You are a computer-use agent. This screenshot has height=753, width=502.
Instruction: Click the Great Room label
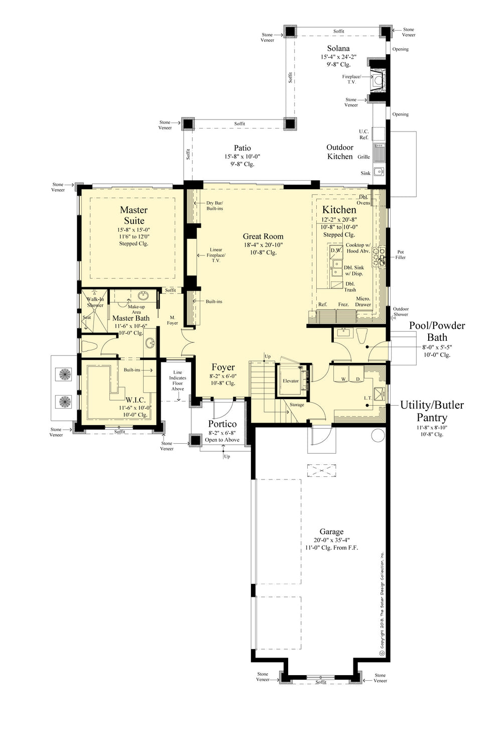point(263,236)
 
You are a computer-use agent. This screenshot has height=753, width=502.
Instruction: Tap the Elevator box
point(290,381)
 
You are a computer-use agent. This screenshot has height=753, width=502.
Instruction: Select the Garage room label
point(331,532)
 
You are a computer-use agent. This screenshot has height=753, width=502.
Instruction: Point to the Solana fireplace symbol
point(378,78)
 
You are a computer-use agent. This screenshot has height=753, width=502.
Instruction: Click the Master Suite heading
point(134,215)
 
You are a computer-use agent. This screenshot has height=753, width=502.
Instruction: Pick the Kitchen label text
point(339,210)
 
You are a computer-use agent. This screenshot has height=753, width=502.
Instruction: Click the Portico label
point(222,424)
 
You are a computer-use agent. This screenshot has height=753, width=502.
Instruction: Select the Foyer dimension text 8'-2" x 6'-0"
point(223,375)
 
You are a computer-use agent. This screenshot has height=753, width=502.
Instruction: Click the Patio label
point(242,148)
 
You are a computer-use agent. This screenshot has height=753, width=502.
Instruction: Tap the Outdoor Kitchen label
point(340,152)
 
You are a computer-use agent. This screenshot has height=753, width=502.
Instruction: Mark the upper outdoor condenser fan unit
point(65,374)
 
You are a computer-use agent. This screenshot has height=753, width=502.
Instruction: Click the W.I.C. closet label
point(136,400)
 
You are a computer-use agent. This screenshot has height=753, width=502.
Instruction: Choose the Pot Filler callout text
point(400,255)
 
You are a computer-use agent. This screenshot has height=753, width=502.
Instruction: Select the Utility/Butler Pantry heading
point(432,411)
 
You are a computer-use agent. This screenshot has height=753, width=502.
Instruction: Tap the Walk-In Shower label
point(95,302)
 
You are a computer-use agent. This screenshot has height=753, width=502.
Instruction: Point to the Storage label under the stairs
point(297,405)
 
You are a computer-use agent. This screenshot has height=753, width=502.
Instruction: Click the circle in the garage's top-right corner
point(378,435)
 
